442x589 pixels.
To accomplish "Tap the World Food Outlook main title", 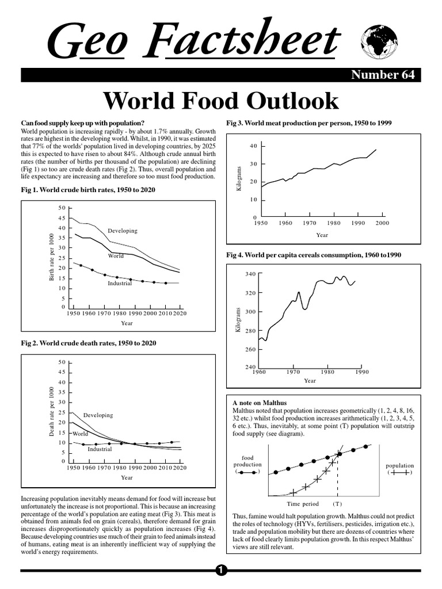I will point(220,101).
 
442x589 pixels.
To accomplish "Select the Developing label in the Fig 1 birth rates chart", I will point(123,231).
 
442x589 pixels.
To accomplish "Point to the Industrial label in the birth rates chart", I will point(120,284).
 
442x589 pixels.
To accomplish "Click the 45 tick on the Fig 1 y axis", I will point(62,218).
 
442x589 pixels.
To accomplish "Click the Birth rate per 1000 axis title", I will point(51,257).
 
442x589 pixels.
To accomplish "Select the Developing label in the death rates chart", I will point(98,415).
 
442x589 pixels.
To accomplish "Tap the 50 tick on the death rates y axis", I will point(62,362).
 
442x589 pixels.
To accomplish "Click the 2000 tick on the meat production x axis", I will point(382,223).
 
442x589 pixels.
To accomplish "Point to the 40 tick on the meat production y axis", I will point(253,147).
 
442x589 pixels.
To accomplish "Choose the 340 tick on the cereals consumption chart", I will point(250,274).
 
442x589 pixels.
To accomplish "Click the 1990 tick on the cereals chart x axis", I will point(361,372).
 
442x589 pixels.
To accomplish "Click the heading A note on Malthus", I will point(259,403).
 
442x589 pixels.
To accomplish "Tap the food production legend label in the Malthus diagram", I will point(247,461).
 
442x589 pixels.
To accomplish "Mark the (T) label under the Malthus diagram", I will point(337,503).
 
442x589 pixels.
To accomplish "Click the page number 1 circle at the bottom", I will point(220,570).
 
